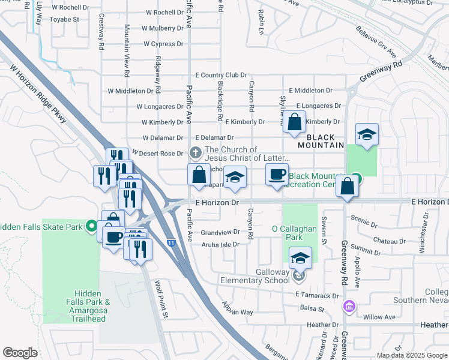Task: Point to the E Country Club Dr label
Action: [221, 75]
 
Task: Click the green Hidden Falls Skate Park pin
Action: [91, 227]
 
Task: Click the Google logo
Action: [20, 352]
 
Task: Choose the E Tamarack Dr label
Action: [318, 295]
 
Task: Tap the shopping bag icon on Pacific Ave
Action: [199, 175]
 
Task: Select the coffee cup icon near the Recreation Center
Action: [277, 175]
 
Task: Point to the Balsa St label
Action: [312, 310]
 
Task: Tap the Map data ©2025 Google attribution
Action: [411, 355]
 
